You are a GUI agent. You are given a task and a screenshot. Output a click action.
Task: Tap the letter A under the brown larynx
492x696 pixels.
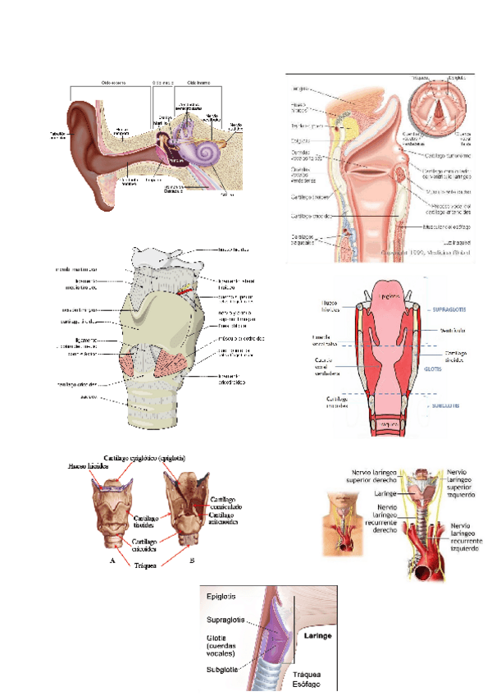click(112, 561)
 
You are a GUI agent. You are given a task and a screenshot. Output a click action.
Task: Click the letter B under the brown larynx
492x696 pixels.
click(191, 561)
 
